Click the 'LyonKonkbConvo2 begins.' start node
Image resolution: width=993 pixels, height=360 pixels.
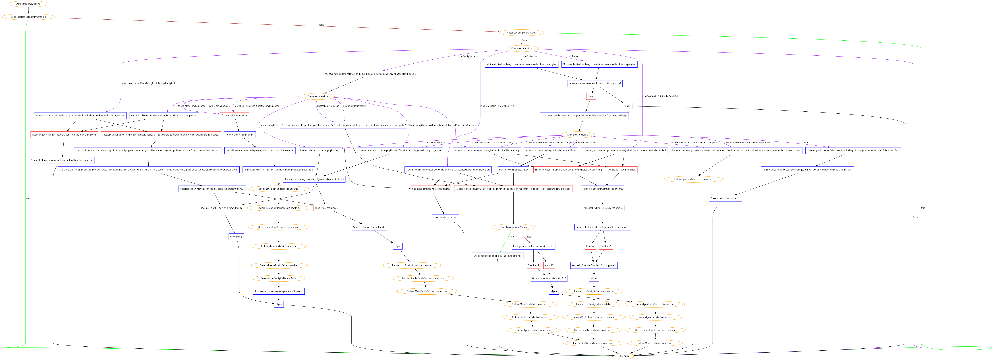coord(28,4)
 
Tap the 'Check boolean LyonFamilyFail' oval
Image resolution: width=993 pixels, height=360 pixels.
coord(522,33)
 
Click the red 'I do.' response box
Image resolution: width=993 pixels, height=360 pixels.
coord(591,96)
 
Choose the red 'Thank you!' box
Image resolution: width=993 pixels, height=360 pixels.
coord(533,265)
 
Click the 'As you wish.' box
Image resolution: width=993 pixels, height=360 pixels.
coord(236,237)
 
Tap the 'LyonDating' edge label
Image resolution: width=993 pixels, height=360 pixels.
coord(573,56)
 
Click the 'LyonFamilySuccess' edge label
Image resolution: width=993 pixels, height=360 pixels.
coord(468,56)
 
